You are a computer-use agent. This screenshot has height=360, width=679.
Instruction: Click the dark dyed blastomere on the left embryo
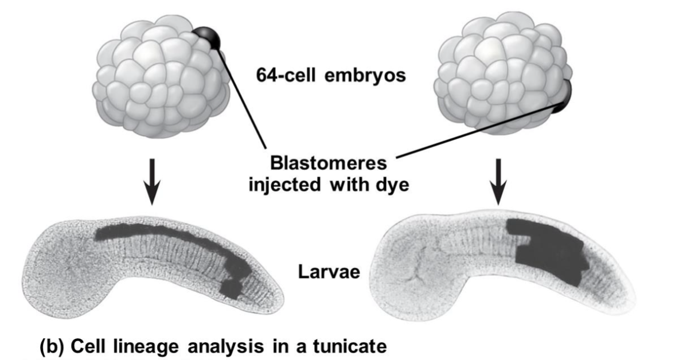pyautogui.click(x=208, y=38)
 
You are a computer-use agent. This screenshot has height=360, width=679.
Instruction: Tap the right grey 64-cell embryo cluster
pyautogui.click(x=499, y=72)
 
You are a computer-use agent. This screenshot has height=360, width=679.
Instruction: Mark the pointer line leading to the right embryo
pyautogui.click(x=476, y=131)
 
